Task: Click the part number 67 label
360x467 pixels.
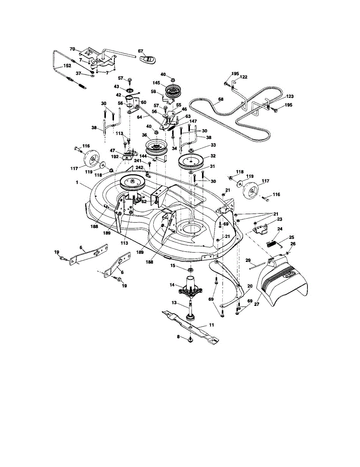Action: [140, 51]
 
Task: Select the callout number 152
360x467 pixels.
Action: [67, 66]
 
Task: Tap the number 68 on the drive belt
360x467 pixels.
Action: [221, 99]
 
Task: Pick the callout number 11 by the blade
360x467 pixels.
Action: [211, 324]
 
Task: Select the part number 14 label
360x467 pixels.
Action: [172, 285]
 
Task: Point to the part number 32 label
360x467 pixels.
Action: [212, 155]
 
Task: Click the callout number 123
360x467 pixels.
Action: [290, 96]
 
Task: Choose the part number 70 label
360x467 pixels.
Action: [72, 49]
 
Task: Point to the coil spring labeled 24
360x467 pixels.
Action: [272, 244]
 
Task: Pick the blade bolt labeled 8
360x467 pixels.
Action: [190, 341]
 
